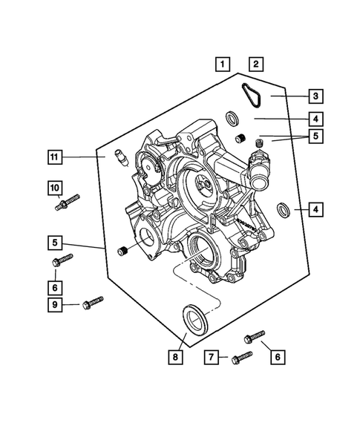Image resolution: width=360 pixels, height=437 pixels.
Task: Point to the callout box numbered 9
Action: pyautogui.click(x=56, y=304)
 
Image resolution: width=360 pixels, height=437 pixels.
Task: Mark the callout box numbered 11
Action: pyautogui.click(x=56, y=157)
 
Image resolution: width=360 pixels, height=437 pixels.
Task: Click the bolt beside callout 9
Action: pyautogui.click(x=92, y=301)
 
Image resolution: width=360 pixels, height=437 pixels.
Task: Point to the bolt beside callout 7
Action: pyautogui.click(x=241, y=358)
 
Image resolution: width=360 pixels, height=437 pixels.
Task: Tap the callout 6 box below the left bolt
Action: pyautogui.click(x=56, y=285)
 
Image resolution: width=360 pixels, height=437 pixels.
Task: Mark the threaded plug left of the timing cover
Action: pyautogui.click(x=124, y=254)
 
